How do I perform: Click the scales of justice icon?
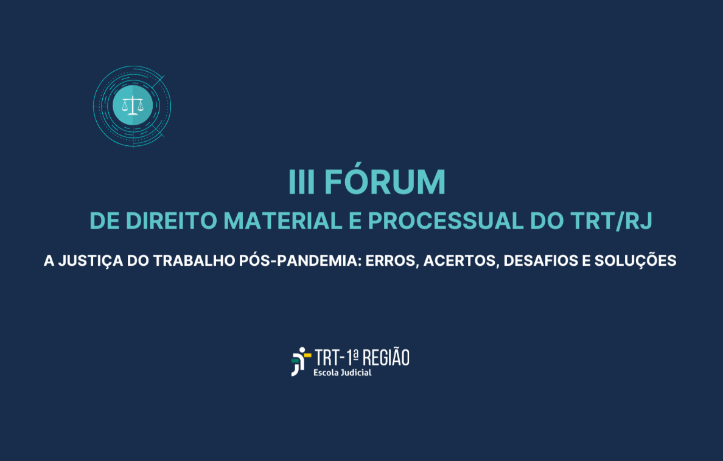click(x=132, y=106)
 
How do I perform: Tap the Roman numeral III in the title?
click(x=302, y=182)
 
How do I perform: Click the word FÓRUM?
click(x=385, y=182)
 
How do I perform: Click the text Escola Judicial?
click(x=342, y=372)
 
